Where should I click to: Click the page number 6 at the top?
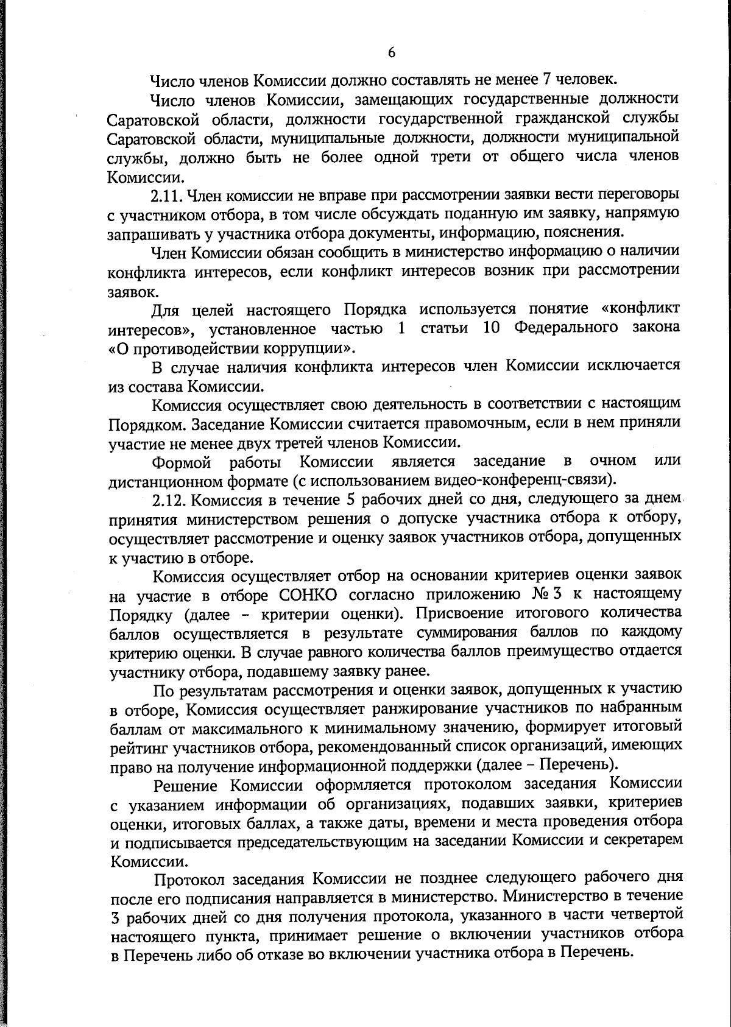[392, 53]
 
